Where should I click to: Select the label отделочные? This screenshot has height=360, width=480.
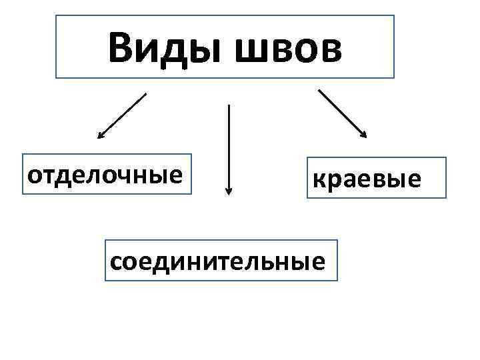click(105, 175)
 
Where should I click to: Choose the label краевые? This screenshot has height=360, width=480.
click(367, 179)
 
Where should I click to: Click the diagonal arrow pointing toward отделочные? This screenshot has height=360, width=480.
click(121, 115)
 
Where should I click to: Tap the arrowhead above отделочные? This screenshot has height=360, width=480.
click(101, 135)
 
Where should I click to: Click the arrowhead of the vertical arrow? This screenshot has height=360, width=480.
click(229, 191)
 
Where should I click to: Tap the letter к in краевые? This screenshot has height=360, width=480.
click(319, 179)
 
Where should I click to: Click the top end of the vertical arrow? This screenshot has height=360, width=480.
click(229, 106)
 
